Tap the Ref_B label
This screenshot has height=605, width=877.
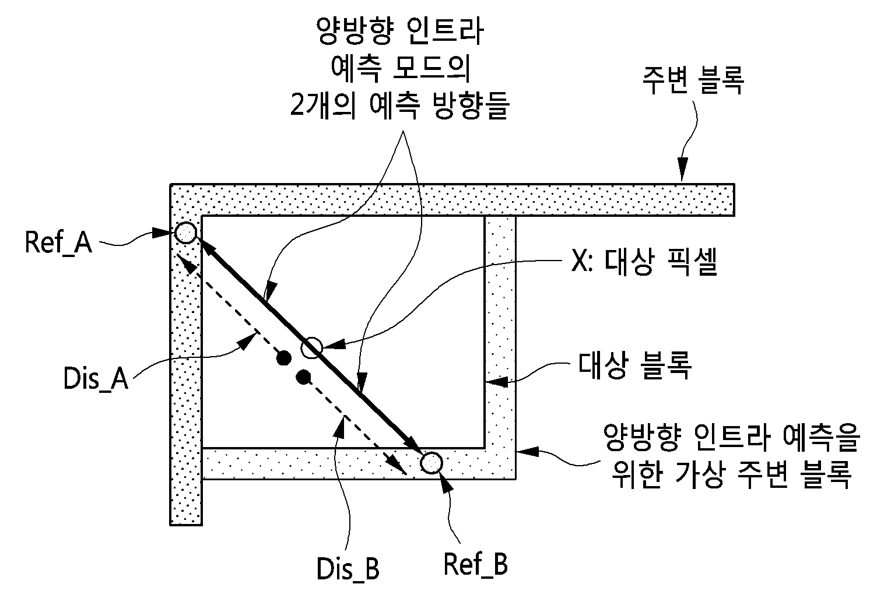pos(475,564)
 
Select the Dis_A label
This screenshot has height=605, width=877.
pos(96,378)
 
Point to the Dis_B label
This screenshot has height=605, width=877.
pos(348,569)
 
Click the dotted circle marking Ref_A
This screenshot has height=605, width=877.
pos(185,233)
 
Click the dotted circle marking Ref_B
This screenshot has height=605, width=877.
pos(432,463)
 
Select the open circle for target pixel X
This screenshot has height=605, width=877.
pos(311,347)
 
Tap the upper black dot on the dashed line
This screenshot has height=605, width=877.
pos(284,358)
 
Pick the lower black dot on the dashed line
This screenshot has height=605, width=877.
pos(303,377)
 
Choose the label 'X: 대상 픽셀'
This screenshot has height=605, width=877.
pos(644,262)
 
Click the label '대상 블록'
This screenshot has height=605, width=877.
pos(634,365)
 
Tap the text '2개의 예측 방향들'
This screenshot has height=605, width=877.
pos(400,105)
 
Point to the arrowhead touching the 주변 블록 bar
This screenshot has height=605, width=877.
pos(682,169)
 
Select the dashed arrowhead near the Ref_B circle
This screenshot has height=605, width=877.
pos(398,466)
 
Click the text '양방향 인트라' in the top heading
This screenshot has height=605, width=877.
pos(400,31)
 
